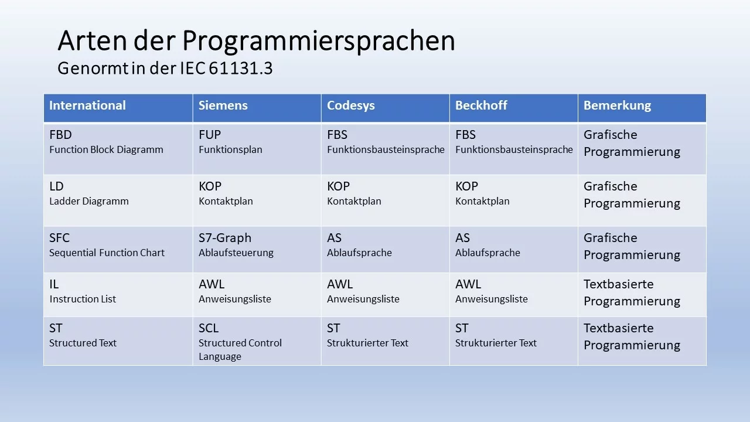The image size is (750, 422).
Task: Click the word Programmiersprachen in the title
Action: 318,42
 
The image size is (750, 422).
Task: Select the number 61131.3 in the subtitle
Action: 241,69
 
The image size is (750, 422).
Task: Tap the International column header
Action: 87,105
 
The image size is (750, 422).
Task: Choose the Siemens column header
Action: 223,105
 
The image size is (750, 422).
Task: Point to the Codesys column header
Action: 350,106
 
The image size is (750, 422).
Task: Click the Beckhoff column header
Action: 481,105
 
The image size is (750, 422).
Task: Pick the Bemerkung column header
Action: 618,106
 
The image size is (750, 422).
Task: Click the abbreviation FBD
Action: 60,135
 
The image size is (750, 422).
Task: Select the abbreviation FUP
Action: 210,135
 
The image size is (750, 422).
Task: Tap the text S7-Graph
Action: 225,238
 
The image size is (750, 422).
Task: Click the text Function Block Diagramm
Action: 106,149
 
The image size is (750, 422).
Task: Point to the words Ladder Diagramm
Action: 88,201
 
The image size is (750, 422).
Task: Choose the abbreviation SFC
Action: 59,238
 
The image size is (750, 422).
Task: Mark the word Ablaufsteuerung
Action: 236,253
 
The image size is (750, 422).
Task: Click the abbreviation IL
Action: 54,284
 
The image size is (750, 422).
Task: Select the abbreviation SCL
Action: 209,328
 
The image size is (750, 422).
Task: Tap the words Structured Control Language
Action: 240,350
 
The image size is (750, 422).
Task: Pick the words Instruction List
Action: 83,299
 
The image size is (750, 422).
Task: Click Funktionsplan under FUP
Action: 230,149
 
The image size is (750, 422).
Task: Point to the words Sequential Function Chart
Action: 107,253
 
